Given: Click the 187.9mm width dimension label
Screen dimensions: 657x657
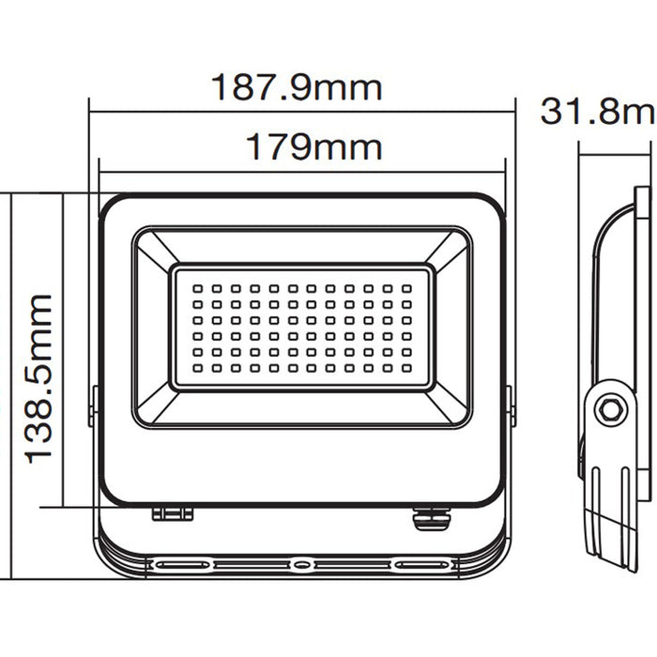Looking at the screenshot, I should click(x=296, y=88).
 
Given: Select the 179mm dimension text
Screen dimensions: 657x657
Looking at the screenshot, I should click(x=313, y=147).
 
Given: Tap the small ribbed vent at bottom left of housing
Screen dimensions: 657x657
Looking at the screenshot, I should click(x=173, y=513).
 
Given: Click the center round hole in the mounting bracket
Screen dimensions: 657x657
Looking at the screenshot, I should click(x=300, y=565).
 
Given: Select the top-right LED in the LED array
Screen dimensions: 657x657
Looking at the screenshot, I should click(x=405, y=288).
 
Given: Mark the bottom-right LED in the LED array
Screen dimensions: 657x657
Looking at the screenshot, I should click(x=405, y=368).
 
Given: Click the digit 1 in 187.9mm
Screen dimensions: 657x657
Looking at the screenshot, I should click(x=218, y=88).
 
